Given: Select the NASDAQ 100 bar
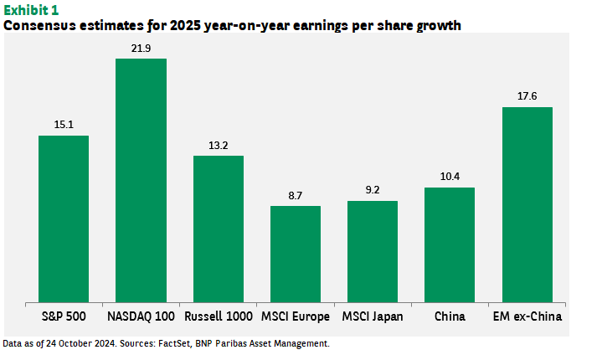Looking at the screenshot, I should point(141,180).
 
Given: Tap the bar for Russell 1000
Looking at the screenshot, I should point(218,228).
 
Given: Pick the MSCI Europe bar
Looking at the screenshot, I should point(295,253).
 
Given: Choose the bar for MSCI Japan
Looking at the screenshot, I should point(373,250).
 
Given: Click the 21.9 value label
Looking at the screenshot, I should point(141,49).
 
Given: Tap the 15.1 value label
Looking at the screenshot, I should point(64,126).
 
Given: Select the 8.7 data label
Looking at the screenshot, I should point(295,196).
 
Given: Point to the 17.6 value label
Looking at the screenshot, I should point(527,97).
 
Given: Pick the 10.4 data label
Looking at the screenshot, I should point(450,177).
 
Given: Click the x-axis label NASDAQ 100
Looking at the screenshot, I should point(141,316).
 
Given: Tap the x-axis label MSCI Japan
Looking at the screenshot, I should point(373,316).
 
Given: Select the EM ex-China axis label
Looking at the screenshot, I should point(527,316).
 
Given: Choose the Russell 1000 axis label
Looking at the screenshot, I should point(218,316).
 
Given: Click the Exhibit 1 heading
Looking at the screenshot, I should point(32,9).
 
